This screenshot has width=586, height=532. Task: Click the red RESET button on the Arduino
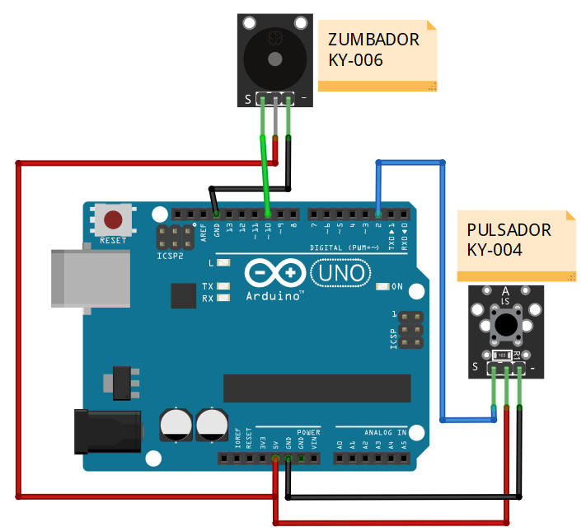pyautogui.click(x=112, y=220)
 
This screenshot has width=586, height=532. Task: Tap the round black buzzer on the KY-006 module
pyautogui.click(x=274, y=52)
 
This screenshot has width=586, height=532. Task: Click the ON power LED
pyautogui.click(x=381, y=287)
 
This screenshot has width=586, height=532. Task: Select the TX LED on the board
pyautogui.click(x=223, y=287)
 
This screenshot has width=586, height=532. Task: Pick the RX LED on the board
pyautogui.click(x=223, y=298)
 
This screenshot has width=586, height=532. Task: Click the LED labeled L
pyautogui.click(x=223, y=262)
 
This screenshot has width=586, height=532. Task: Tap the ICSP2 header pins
pyautogui.click(x=171, y=238)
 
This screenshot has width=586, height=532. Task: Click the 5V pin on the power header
pyautogui.click(x=275, y=458)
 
